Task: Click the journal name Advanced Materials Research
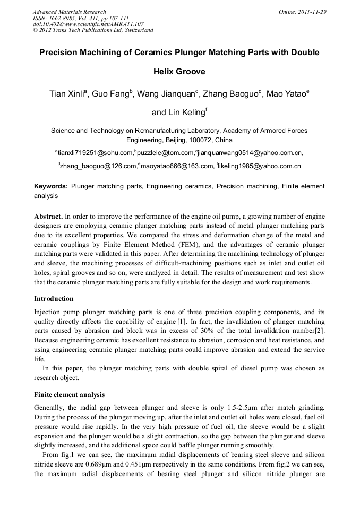(69, 12)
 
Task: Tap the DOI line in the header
(88, 24)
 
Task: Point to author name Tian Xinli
(67, 94)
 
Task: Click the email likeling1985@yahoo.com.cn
(260, 166)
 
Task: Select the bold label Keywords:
(51, 186)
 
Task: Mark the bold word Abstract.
(48, 217)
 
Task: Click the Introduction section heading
(54, 299)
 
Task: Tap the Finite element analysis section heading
(69, 395)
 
